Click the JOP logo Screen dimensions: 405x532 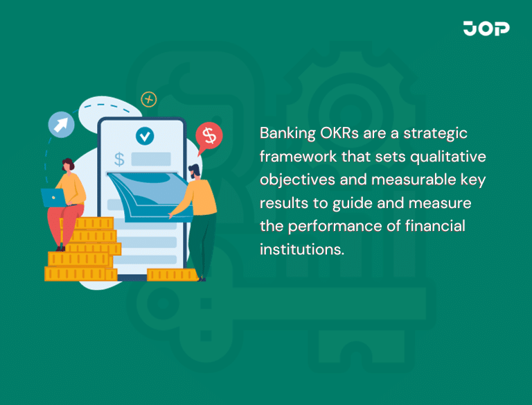(486, 28)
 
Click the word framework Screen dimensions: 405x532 (296, 156)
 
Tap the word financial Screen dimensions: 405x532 (436, 225)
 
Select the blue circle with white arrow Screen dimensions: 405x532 (61, 125)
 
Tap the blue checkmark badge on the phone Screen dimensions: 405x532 (145, 135)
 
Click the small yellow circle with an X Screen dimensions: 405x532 (148, 99)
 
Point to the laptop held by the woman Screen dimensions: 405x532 (53, 198)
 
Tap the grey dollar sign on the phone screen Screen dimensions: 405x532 (119, 159)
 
